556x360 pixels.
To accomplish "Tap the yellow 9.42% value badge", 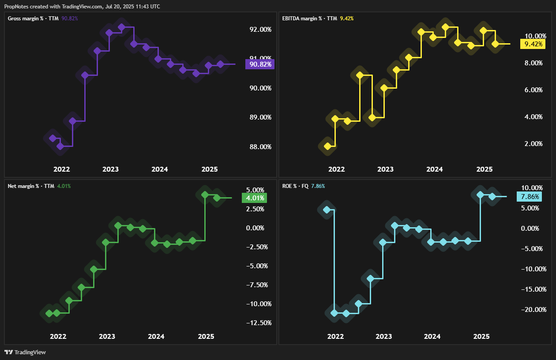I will [533, 44].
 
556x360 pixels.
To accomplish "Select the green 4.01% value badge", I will [254, 198].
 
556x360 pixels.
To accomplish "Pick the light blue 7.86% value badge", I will [529, 197].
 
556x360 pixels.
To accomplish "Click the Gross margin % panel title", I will [34, 19].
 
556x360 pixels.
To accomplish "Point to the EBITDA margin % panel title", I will [309, 19].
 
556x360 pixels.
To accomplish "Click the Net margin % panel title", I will [31, 186].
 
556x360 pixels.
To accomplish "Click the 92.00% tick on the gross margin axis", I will [260, 30].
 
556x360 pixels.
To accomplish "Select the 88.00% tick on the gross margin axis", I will [260, 147].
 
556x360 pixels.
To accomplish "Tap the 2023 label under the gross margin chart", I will [110, 169].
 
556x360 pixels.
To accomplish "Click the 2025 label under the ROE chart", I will [481, 337].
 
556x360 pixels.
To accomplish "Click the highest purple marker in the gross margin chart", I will [122, 27].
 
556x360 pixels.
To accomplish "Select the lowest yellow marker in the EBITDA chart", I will [327, 146].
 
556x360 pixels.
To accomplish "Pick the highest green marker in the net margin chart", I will [205, 195].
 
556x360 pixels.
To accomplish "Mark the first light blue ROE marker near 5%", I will [327, 210].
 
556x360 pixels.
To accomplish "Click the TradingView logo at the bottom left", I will [25, 352].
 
